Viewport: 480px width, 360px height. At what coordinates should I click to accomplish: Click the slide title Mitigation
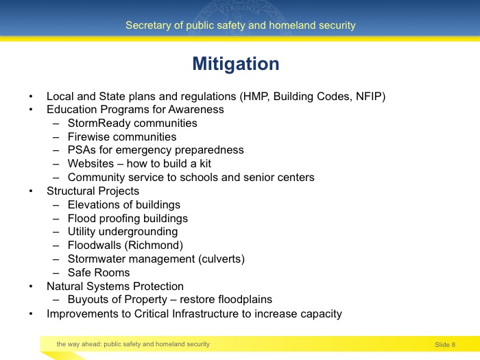coord(235,64)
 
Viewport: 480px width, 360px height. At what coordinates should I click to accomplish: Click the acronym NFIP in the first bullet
coord(368,97)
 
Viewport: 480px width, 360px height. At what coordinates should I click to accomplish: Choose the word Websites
coord(90,164)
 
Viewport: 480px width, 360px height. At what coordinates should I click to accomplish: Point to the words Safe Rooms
coord(98,273)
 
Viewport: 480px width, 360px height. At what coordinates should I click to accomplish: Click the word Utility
coord(82,232)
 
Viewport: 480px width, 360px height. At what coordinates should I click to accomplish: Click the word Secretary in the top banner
coord(146,25)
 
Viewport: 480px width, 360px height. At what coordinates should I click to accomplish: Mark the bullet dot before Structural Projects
coord(30,191)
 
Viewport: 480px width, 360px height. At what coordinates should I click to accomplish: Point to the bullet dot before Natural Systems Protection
coord(30,287)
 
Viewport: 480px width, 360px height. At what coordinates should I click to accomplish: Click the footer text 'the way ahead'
coord(78,344)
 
